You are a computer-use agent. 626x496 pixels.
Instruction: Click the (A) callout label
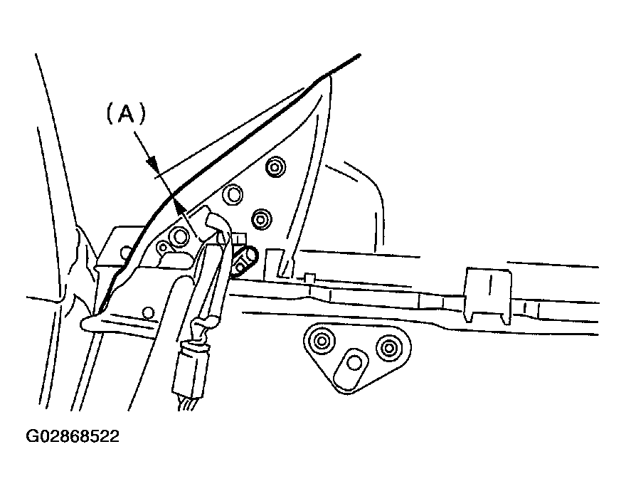pos(126,114)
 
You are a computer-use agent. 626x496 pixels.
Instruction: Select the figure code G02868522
pos(73,436)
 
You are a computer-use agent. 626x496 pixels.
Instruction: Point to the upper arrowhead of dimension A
pos(152,164)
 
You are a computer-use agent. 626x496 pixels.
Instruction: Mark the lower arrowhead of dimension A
pos(180,206)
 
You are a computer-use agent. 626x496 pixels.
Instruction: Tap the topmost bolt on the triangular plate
pos(275,167)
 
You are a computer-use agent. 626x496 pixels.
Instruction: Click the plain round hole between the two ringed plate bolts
pos(233,195)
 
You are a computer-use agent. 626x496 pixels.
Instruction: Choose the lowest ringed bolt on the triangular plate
pos(261,219)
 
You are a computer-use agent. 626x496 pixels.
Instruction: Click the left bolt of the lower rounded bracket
pos(321,341)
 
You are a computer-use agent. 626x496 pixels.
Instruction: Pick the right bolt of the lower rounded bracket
pos(389,347)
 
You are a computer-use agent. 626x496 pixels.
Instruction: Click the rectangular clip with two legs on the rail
pos(487,294)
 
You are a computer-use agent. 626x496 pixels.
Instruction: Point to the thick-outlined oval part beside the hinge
pos(243,262)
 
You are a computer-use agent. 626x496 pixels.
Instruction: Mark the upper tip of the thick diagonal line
pos(360,56)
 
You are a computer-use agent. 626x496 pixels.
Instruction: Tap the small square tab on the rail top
pos(309,277)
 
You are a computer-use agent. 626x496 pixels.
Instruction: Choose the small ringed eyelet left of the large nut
pos(163,247)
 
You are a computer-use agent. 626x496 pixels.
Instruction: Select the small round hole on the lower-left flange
pos(148,312)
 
